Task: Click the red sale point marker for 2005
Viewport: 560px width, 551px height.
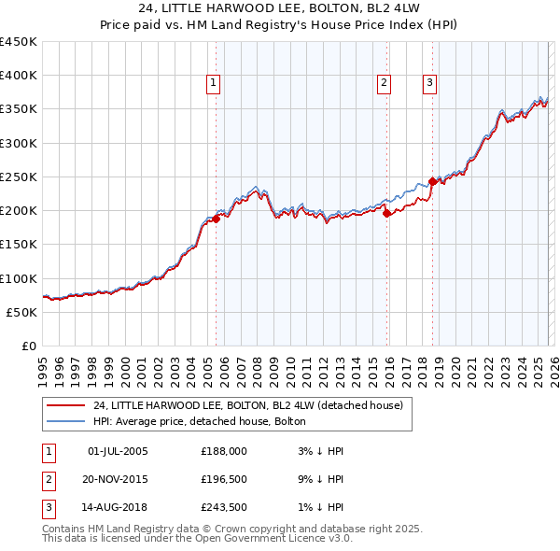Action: click(216, 219)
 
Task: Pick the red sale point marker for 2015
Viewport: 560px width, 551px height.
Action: click(386, 213)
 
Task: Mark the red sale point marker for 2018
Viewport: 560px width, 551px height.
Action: click(432, 181)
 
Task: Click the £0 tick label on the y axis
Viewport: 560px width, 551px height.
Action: click(28, 346)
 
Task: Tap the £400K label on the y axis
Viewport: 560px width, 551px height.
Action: click(19, 76)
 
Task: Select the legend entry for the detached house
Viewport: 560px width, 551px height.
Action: click(247, 405)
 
